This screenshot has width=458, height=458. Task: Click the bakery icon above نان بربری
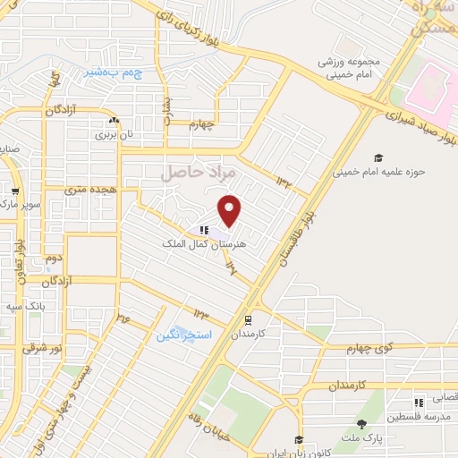[x=113, y=120]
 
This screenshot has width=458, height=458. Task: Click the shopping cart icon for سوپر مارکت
[x=14, y=191]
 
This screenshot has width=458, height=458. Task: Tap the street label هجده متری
[x=87, y=191]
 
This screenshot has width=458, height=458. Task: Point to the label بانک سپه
[x=25, y=306]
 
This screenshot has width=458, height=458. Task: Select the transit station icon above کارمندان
[x=247, y=318]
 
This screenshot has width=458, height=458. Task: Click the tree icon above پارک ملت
[x=361, y=425]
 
